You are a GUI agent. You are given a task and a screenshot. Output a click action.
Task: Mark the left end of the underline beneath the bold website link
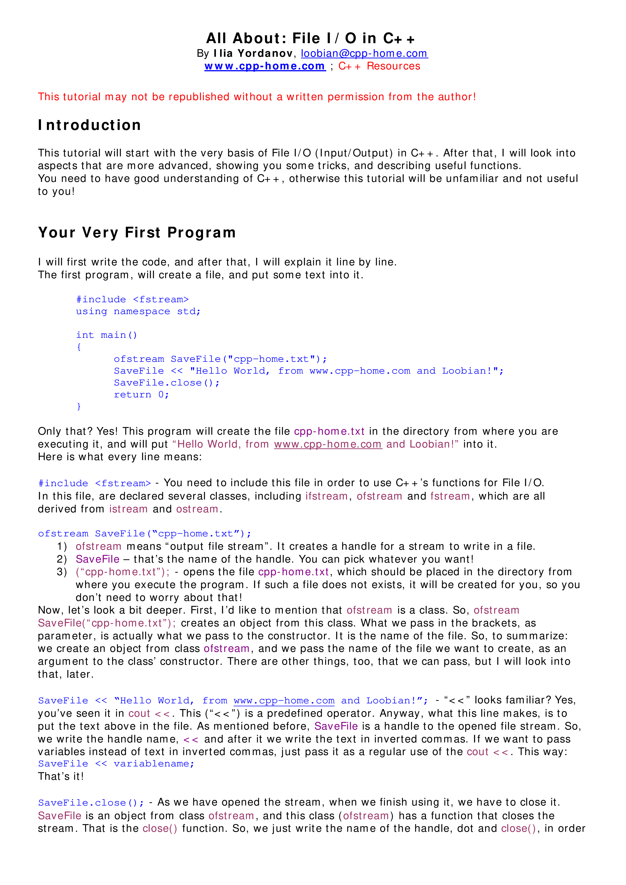click(205, 71)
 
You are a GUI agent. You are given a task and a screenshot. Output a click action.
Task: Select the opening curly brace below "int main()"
click(79, 347)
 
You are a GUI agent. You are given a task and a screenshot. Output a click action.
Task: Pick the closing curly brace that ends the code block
click(79, 406)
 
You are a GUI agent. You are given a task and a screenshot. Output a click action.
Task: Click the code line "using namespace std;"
click(138, 312)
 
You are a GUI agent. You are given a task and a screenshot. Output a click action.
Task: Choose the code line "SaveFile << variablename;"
click(116, 764)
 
